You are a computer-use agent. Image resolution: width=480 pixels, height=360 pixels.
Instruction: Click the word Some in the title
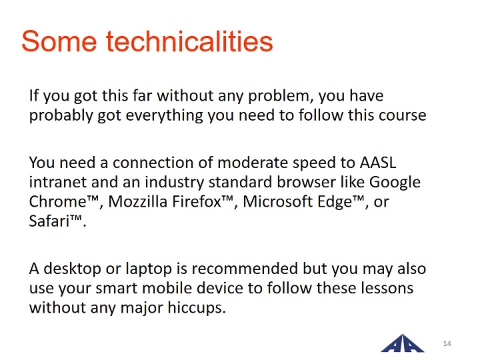click(x=59, y=41)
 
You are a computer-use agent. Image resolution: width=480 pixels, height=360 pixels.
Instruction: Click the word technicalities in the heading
click(x=189, y=41)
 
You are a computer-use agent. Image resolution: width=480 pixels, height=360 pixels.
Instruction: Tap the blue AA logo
click(x=402, y=343)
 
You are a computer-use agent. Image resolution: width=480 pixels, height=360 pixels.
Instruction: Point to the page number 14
click(x=447, y=343)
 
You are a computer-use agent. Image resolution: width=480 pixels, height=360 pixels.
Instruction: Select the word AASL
click(x=378, y=163)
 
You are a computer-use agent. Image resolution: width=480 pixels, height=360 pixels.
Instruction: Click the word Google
click(x=395, y=183)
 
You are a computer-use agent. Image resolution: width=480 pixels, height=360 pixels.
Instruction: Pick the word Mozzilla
click(x=137, y=202)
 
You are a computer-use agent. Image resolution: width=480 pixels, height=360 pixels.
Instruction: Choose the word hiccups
click(x=197, y=308)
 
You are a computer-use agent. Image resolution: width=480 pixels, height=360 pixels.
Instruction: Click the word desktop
click(x=72, y=269)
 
